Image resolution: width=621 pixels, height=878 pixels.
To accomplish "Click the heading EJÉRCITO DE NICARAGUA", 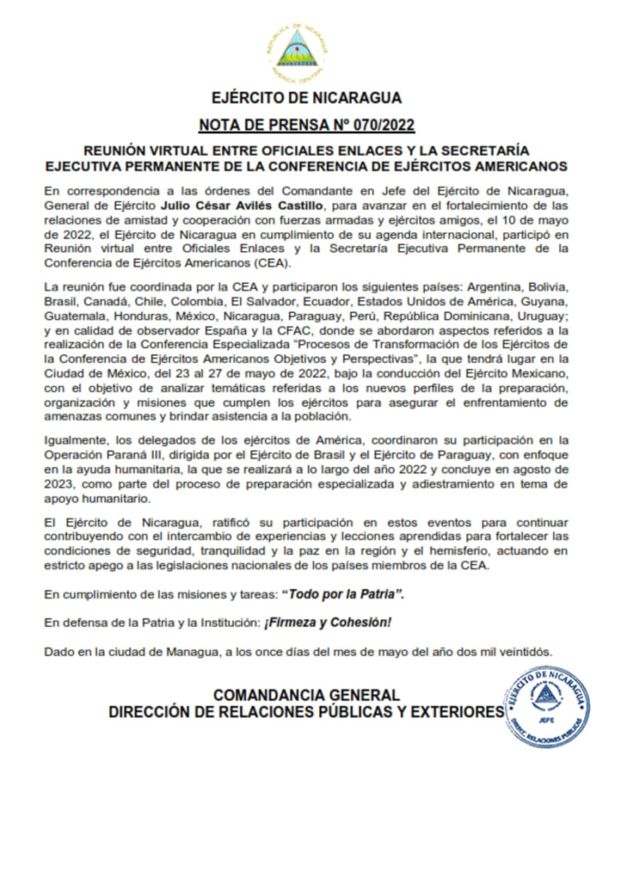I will tap(306, 98).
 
